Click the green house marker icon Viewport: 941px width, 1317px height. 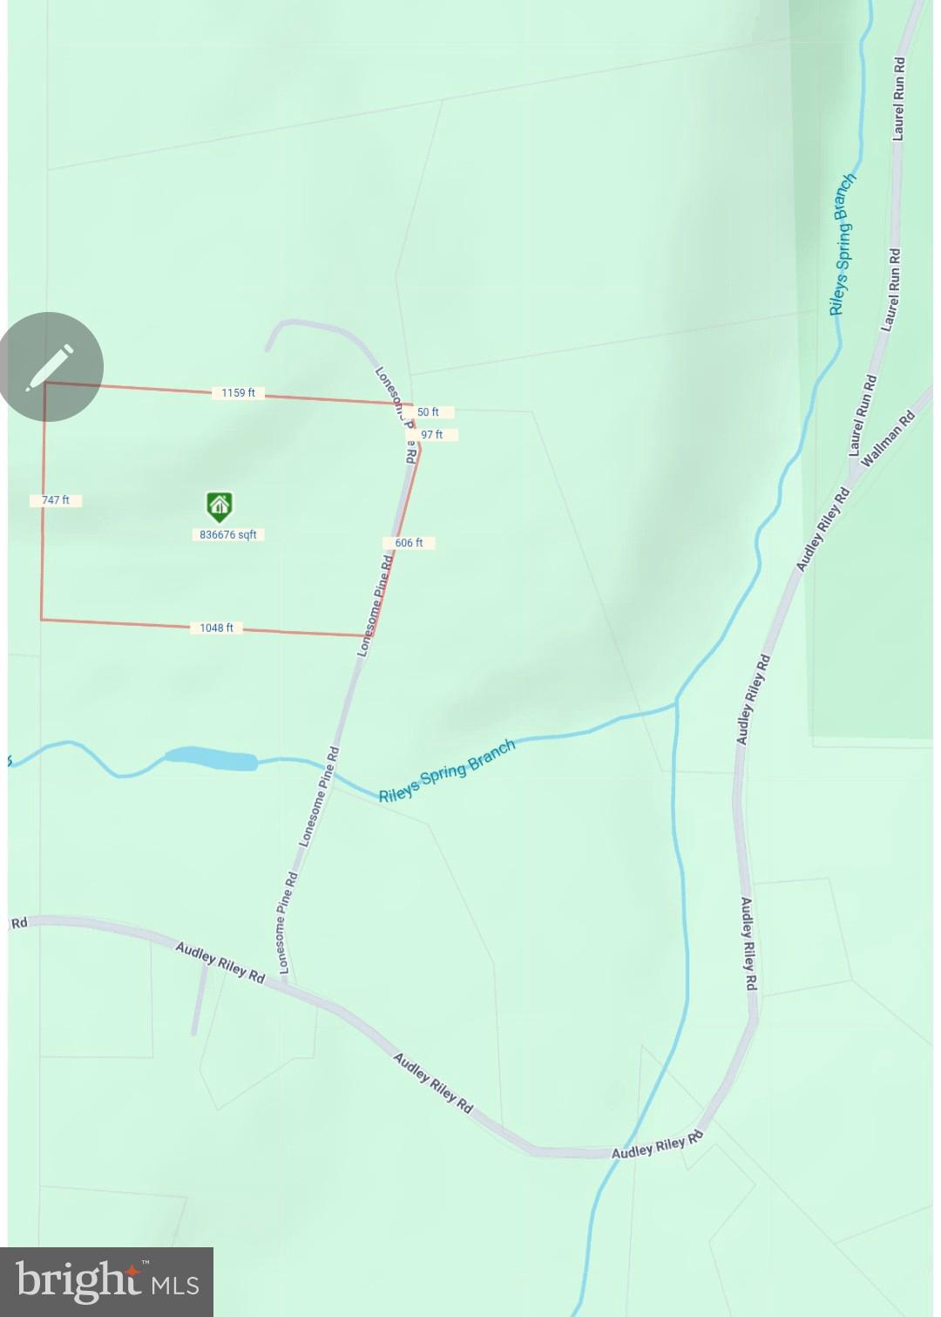(x=219, y=506)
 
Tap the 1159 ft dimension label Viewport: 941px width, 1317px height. (x=238, y=393)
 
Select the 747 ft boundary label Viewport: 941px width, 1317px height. (x=56, y=500)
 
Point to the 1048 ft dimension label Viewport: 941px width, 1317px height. (x=216, y=628)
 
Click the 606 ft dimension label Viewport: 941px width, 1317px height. (x=409, y=542)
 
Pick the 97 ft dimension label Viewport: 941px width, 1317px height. (x=431, y=434)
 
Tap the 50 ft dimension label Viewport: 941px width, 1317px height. (x=428, y=411)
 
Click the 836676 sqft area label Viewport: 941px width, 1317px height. (x=228, y=534)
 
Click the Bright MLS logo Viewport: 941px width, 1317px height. (x=106, y=1282)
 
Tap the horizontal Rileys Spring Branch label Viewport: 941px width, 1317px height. (x=447, y=771)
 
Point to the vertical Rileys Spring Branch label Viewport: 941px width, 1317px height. (x=842, y=243)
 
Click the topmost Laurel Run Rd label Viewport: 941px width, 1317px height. (x=898, y=98)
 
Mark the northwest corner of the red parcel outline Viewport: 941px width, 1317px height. (x=45, y=383)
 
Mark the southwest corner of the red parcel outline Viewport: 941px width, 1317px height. (x=42, y=620)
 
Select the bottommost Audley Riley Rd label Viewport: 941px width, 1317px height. (x=657, y=1146)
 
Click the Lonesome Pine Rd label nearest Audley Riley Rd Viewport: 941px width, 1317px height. (x=288, y=923)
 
